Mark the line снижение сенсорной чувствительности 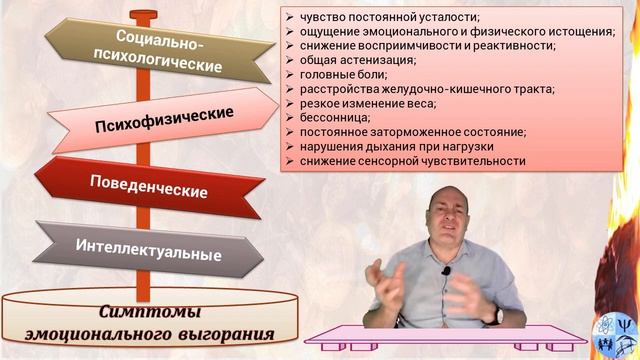pos(410,159)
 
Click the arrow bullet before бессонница pos(288,116)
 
